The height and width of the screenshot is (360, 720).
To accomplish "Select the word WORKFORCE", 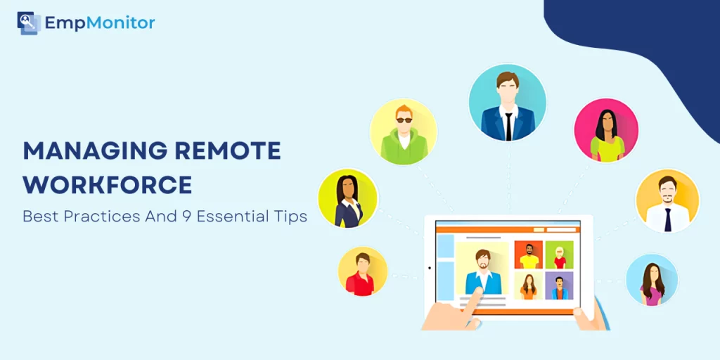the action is (108, 185).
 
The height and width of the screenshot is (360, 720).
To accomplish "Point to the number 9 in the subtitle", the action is (185, 217).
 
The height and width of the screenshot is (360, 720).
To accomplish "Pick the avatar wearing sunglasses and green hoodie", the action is (404, 131).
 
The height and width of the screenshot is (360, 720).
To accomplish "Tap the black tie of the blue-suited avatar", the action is (508, 127).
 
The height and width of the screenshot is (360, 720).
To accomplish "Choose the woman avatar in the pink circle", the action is (606, 130).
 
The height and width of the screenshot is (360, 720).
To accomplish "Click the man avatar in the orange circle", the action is (667, 200).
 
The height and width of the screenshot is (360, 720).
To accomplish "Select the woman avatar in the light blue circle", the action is (652, 280).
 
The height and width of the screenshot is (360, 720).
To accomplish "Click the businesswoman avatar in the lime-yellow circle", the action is (347, 198).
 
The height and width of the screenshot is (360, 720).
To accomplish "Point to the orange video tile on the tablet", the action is (529, 255).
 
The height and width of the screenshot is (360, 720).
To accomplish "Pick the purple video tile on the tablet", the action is (559, 285).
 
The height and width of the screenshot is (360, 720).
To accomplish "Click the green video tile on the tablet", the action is (559, 255).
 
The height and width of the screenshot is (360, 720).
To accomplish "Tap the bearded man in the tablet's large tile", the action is (482, 271).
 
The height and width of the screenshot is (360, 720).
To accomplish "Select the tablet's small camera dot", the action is (430, 268).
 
